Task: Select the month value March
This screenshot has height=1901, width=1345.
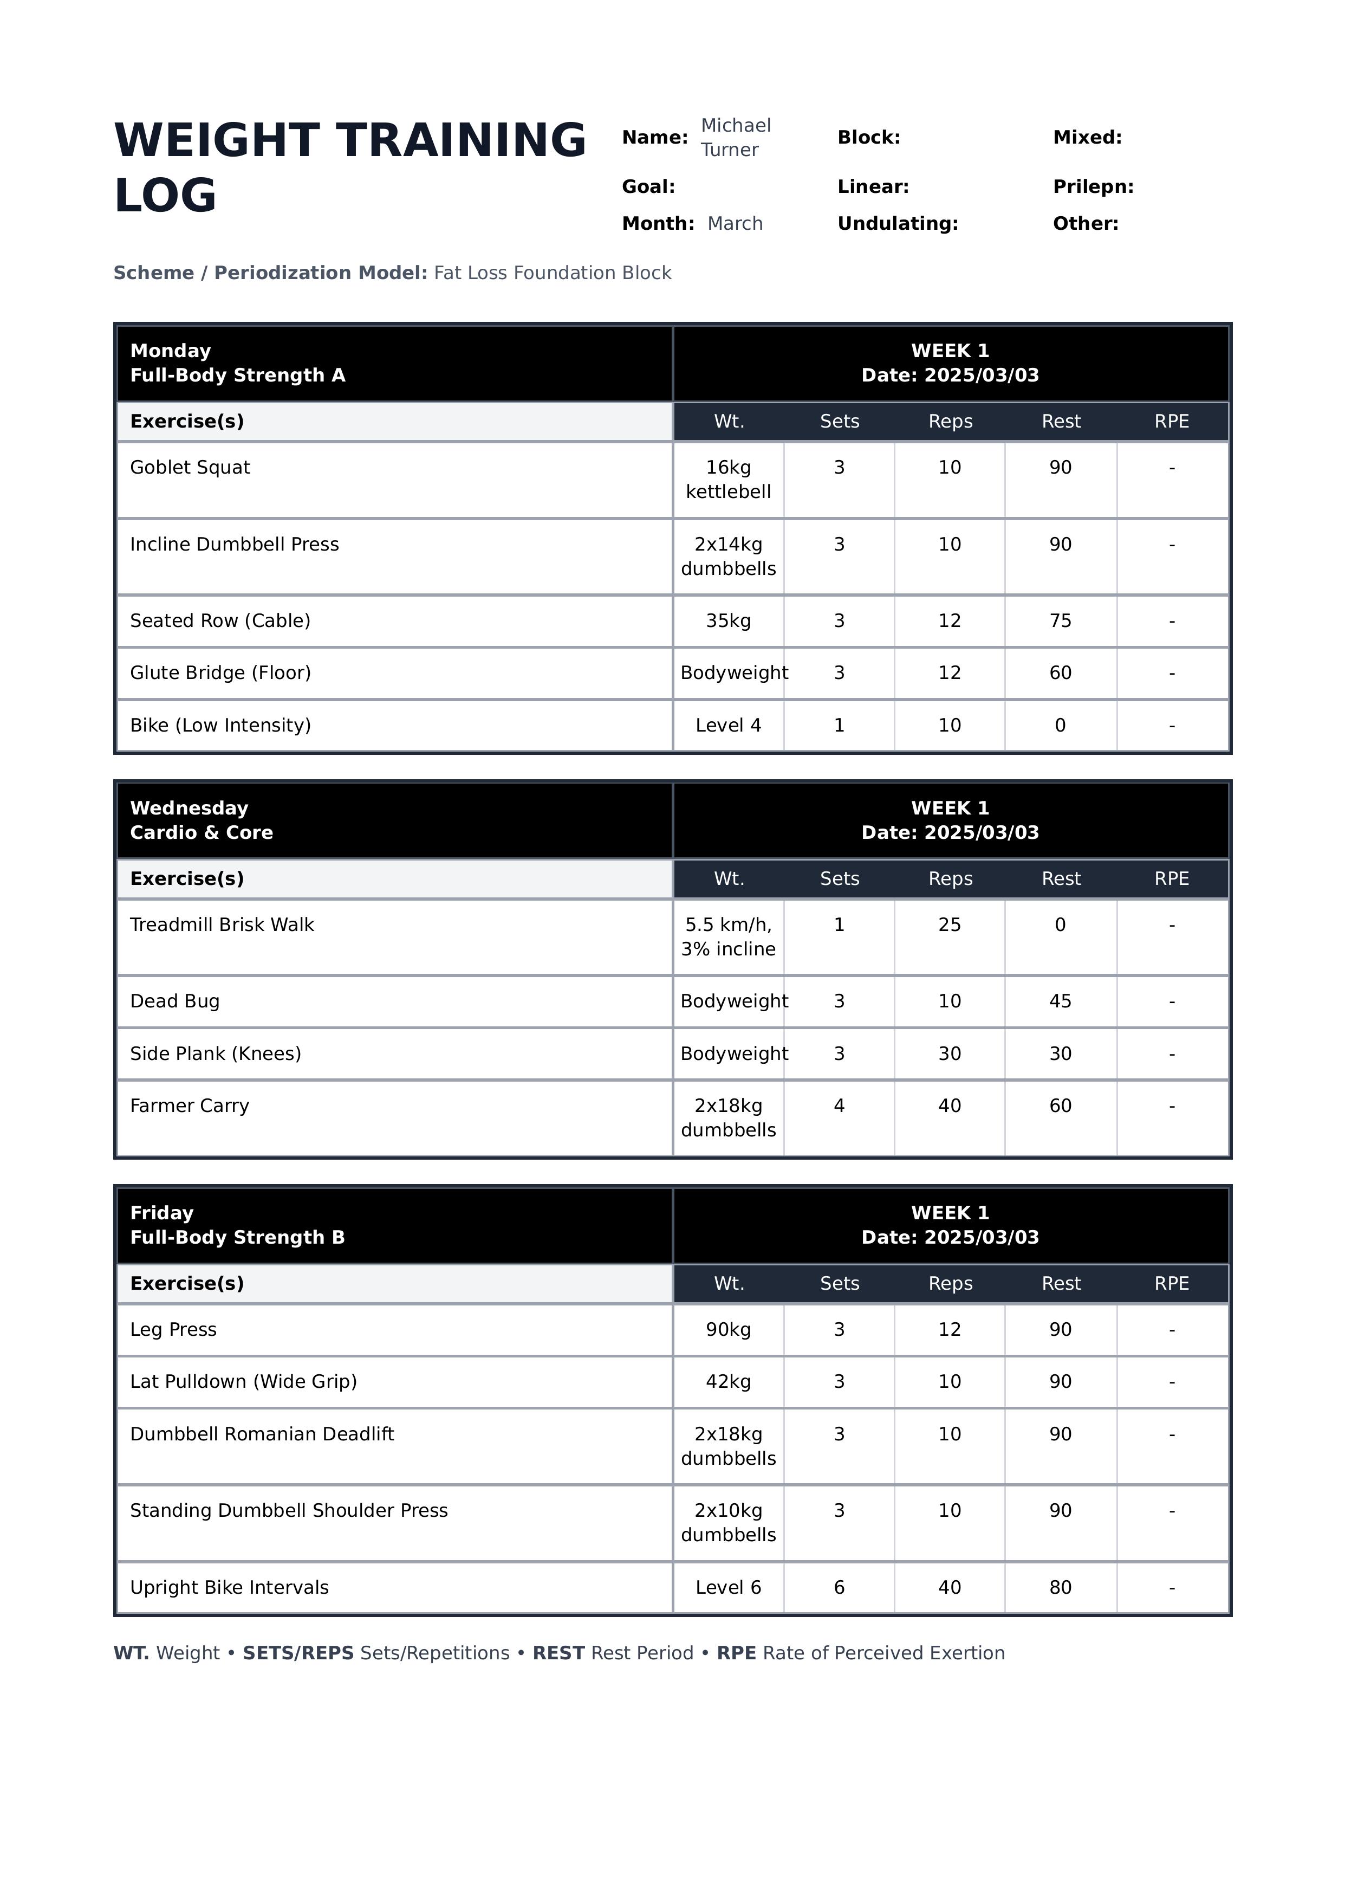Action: click(x=735, y=224)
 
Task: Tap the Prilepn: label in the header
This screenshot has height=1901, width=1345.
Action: click(x=1093, y=187)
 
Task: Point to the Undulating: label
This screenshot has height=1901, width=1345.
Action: click(x=897, y=224)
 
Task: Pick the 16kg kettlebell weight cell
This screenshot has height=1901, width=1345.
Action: click(x=728, y=480)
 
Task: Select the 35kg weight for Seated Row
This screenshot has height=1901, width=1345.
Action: click(x=728, y=621)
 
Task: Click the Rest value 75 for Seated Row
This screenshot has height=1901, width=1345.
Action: click(x=1060, y=621)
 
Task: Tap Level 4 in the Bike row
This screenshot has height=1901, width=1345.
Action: click(x=728, y=726)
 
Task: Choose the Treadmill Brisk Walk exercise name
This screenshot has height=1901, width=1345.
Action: click(x=222, y=925)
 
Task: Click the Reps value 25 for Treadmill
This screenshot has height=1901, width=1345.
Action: click(x=949, y=925)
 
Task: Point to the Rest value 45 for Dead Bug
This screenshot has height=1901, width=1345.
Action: click(x=1060, y=1001)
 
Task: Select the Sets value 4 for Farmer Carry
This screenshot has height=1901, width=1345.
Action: click(x=839, y=1106)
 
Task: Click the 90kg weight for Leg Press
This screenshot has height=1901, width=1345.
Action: click(x=728, y=1329)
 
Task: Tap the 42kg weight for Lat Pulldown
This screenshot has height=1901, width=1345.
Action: click(x=728, y=1382)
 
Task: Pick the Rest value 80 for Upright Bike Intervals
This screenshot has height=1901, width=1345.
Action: click(x=1060, y=1588)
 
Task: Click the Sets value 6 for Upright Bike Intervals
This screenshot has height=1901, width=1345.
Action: click(x=839, y=1588)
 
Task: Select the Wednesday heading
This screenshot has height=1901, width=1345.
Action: click(x=189, y=809)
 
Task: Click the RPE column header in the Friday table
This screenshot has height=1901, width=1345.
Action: click(x=1171, y=1284)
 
